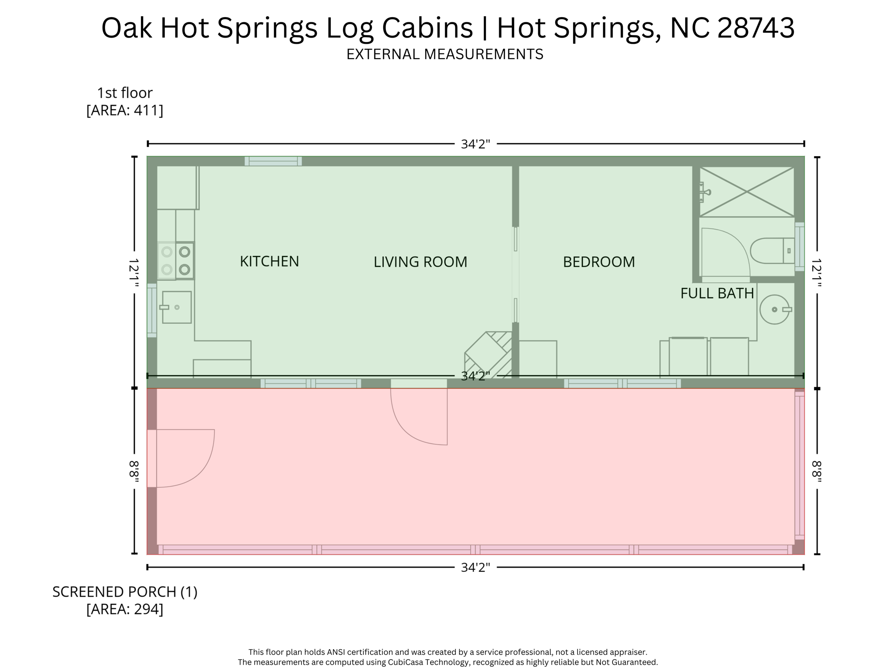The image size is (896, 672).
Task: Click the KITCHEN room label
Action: coord(269,261)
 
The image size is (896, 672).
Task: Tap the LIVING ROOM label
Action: coord(420,262)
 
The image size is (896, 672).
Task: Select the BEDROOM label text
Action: coord(598,262)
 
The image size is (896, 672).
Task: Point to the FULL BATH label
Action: coord(717,293)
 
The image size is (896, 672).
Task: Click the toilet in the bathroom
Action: coord(773,251)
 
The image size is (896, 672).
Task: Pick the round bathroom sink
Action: coord(774,310)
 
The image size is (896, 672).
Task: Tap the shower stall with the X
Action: coord(746,192)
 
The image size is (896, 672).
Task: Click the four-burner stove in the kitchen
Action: coord(176,261)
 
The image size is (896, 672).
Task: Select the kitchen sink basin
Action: coord(177,307)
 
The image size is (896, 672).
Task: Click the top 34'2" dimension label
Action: coord(475,144)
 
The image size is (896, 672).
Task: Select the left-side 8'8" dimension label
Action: coord(134,471)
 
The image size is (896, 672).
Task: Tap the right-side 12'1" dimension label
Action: coord(816,273)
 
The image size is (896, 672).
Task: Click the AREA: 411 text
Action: coord(125,110)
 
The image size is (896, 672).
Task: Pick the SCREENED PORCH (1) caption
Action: coord(125,591)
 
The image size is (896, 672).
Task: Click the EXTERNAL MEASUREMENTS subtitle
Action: coord(444,54)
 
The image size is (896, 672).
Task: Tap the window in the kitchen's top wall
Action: coord(273,161)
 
